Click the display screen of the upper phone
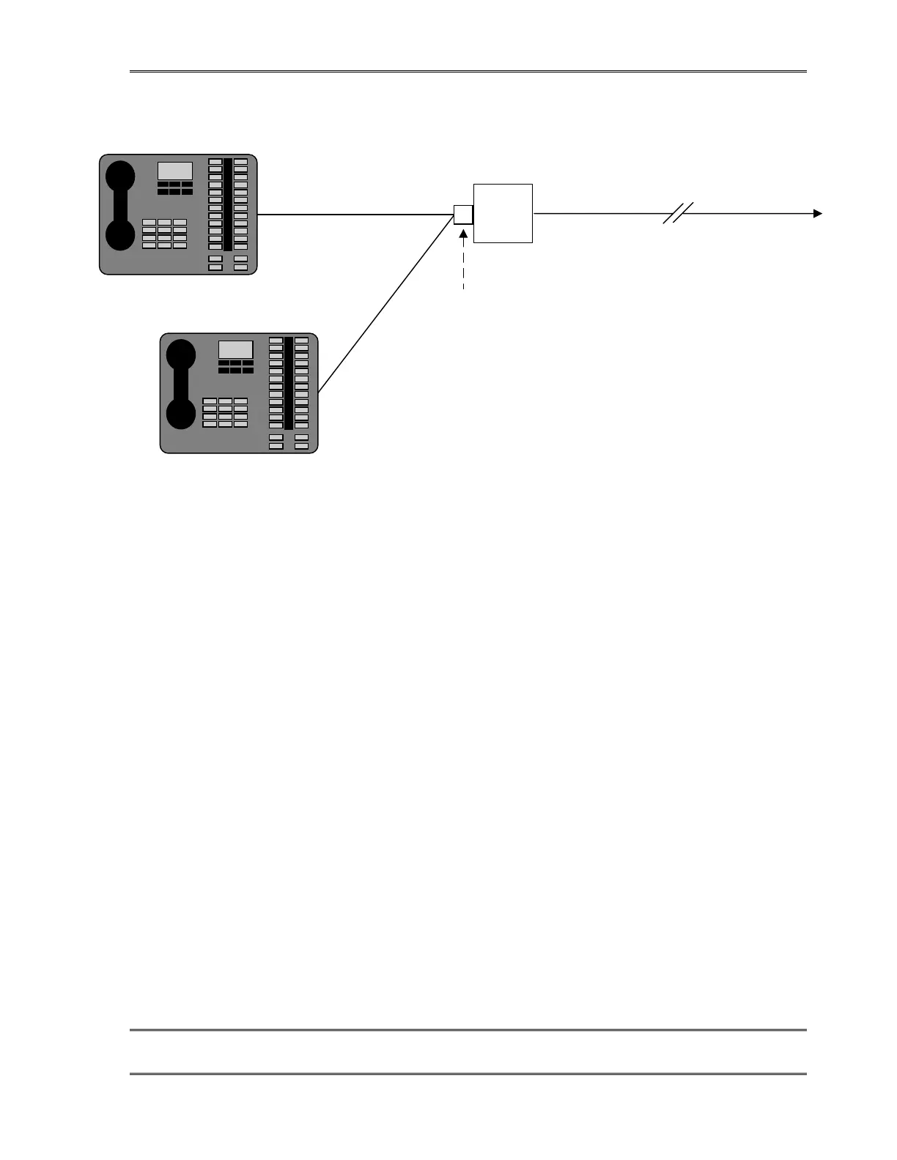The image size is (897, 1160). (175, 171)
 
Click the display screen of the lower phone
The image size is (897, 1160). (235, 349)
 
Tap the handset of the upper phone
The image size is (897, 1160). (120, 206)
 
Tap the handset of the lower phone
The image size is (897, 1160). (181, 384)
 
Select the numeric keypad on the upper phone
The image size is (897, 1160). (164, 234)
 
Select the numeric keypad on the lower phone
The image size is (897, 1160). (225, 412)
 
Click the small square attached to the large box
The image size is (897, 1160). (463, 215)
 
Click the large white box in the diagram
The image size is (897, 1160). (503, 213)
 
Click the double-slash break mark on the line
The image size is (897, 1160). (678, 213)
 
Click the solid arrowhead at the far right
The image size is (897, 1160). (817, 214)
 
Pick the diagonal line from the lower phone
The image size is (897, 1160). (385, 305)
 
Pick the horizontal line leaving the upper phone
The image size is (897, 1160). (355, 215)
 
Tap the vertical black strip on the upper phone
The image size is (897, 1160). (228, 204)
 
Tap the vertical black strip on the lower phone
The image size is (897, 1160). (289, 383)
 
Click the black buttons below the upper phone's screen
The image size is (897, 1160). (175, 188)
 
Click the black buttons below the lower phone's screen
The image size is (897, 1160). (235, 366)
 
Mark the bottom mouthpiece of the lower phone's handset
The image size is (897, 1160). (181, 414)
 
